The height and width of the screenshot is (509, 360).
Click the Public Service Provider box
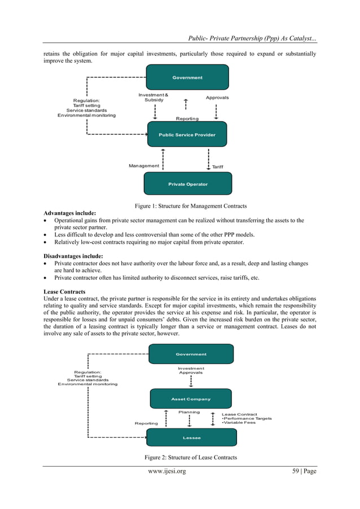click(x=187, y=134)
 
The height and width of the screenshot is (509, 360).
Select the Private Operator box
click(x=188, y=184)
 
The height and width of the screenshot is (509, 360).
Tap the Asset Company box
click(x=191, y=398)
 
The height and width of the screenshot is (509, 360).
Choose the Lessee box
click(x=191, y=437)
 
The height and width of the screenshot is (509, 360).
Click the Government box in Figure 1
click(x=187, y=77)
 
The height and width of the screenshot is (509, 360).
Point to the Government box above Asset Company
click(x=191, y=354)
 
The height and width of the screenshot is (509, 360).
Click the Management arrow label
click(x=144, y=166)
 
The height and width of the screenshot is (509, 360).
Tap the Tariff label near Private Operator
click(x=217, y=167)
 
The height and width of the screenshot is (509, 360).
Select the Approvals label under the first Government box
click(x=217, y=98)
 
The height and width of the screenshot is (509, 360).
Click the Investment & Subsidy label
click(x=153, y=98)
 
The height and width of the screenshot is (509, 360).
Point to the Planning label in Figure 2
click(x=189, y=412)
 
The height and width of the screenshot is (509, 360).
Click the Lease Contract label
click(x=239, y=414)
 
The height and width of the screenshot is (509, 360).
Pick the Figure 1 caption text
click(x=191, y=206)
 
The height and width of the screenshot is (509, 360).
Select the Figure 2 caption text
click(x=191, y=458)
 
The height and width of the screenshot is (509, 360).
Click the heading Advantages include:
click(x=70, y=213)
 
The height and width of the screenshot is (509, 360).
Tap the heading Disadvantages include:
click(x=73, y=256)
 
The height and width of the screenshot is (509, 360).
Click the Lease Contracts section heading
click(x=64, y=292)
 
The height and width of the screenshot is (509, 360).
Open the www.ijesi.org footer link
click(x=167, y=471)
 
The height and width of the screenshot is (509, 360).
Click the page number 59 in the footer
click(x=296, y=471)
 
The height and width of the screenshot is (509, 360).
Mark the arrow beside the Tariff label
click(x=208, y=159)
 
